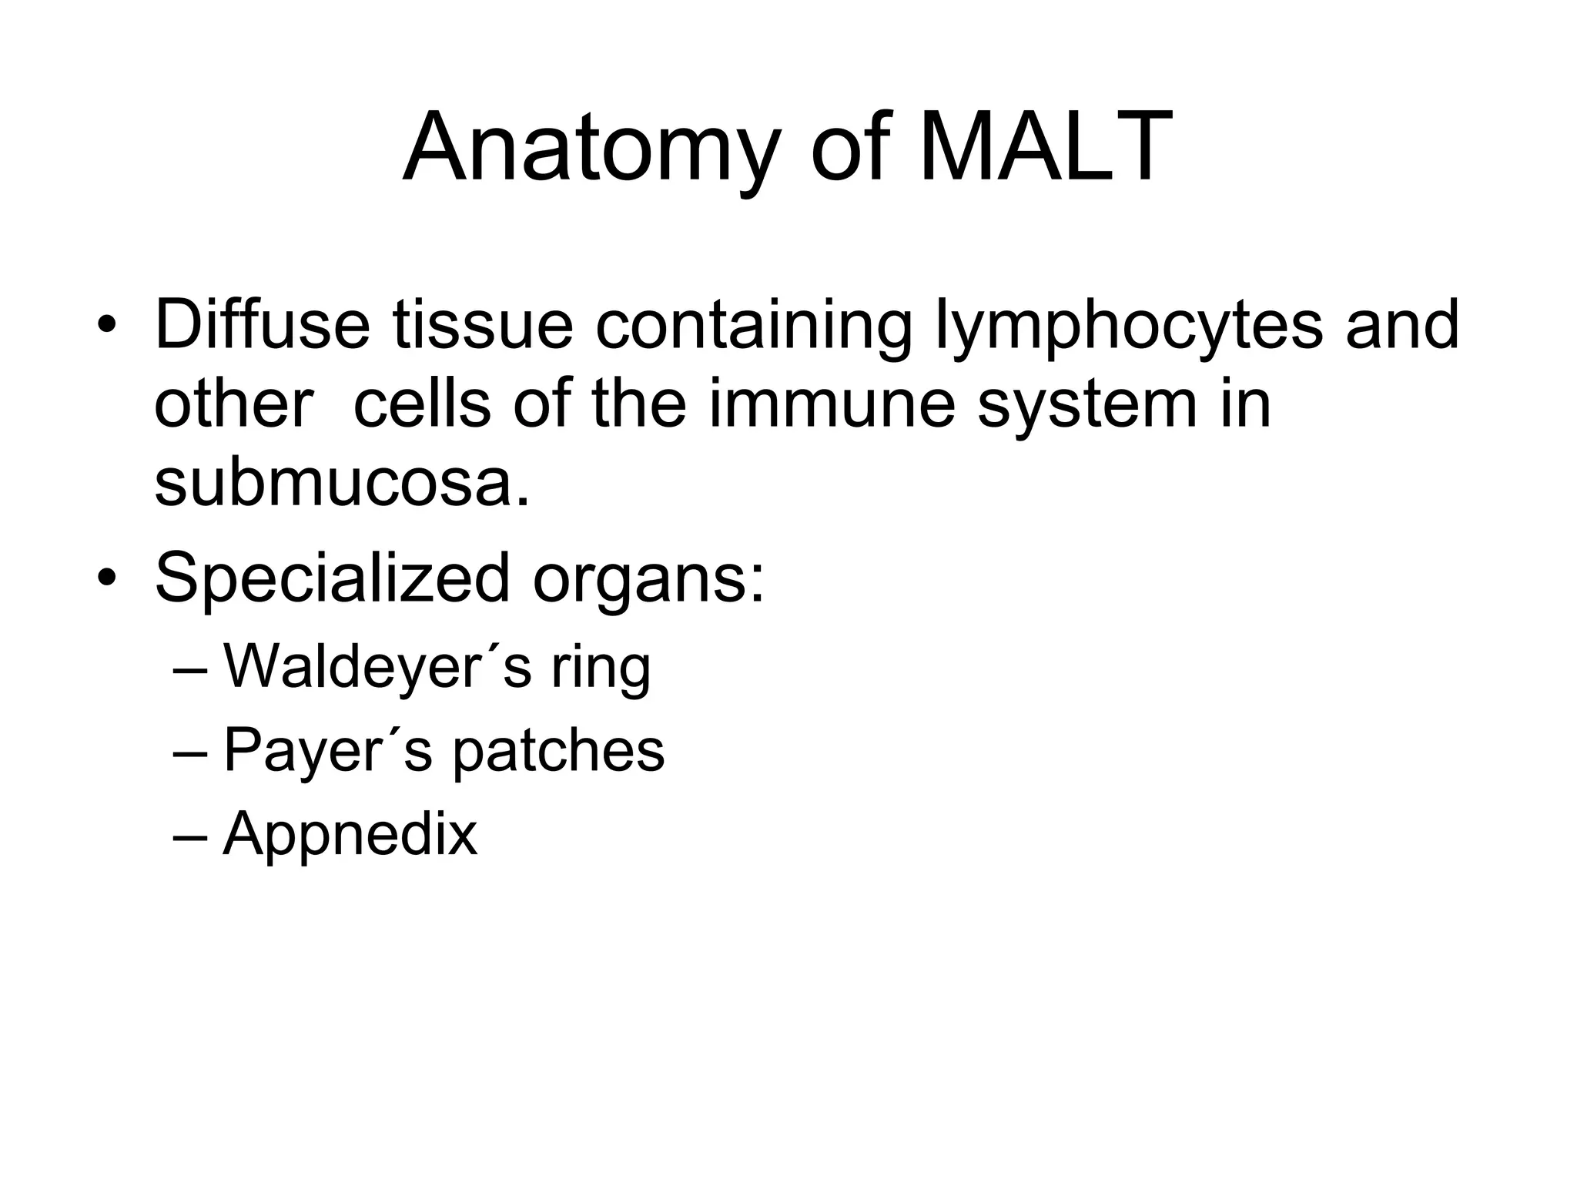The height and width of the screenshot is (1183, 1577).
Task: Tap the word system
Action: click(x=1087, y=407)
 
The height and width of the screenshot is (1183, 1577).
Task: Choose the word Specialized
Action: click(x=333, y=578)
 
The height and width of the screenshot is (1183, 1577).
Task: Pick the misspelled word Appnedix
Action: click(x=350, y=834)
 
